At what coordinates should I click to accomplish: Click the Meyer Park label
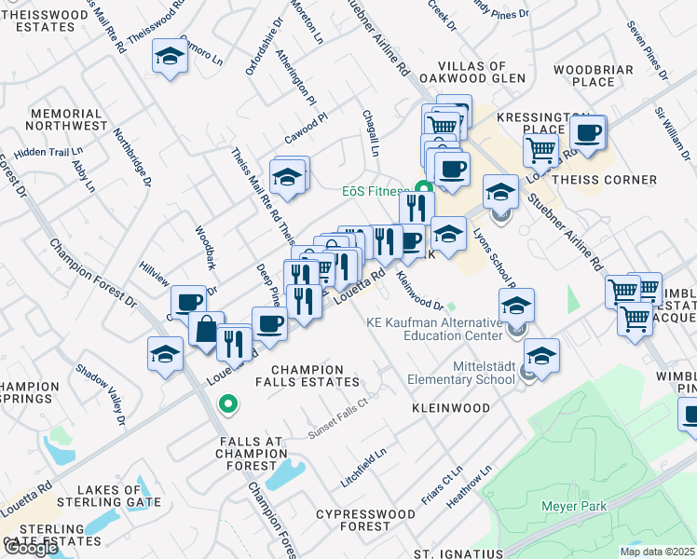[x=575, y=507]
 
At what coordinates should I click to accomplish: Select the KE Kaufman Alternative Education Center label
[x=433, y=329]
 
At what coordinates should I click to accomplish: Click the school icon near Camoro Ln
[x=171, y=57]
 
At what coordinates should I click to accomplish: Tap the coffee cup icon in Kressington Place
[x=587, y=132]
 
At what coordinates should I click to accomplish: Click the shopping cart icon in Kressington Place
[x=540, y=149]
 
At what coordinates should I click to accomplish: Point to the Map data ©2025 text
[x=657, y=552]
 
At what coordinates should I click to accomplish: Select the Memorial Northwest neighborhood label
[x=67, y=119]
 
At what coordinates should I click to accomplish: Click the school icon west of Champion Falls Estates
[x=165, y=355]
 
